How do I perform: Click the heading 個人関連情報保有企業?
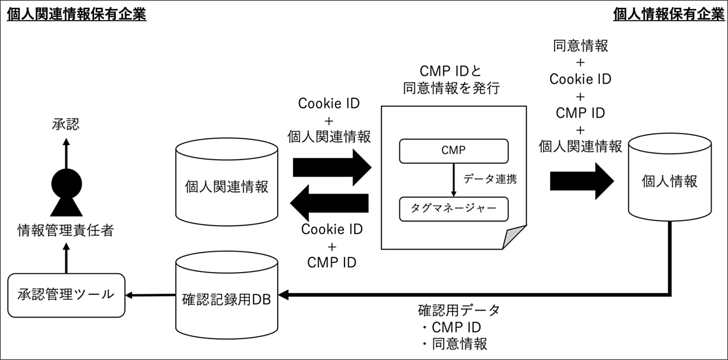pyautogui.click(x=76, y=14)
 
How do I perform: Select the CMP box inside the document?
pyautogui.click(x=453, y=151)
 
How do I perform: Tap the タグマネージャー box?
pyautogui.click(x=453, y=209)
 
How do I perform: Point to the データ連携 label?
pyautogui.click(x=490, y=180)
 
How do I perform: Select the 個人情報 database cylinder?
pyautogui.click(x=669, y=180)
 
